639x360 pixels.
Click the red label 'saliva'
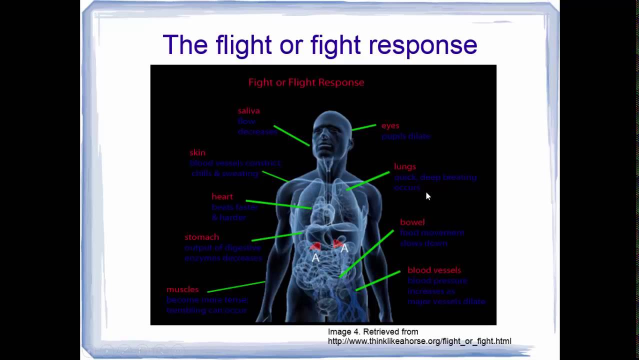(248, 111)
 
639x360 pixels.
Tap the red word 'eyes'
(390, 126)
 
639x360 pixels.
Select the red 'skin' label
(197, 152)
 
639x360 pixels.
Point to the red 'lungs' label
(404, 166)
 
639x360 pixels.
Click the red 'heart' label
(222, 196)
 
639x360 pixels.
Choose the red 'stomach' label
(201, 237)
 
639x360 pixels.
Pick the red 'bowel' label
(412, 222)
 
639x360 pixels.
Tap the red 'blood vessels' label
(434, 270)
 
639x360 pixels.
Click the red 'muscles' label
(182, 289)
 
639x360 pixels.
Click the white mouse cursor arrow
(427, 196)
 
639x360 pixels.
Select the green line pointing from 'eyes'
(363, 127)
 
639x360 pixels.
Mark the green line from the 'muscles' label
(235, 286)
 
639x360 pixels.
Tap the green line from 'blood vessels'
(378, 281)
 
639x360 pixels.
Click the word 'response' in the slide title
(422, 45)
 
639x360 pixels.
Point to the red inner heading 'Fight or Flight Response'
(306, 82)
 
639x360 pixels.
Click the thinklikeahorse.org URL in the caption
(419, 341)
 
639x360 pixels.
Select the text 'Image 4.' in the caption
(343, 331)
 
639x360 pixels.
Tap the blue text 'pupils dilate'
(405, 136)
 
